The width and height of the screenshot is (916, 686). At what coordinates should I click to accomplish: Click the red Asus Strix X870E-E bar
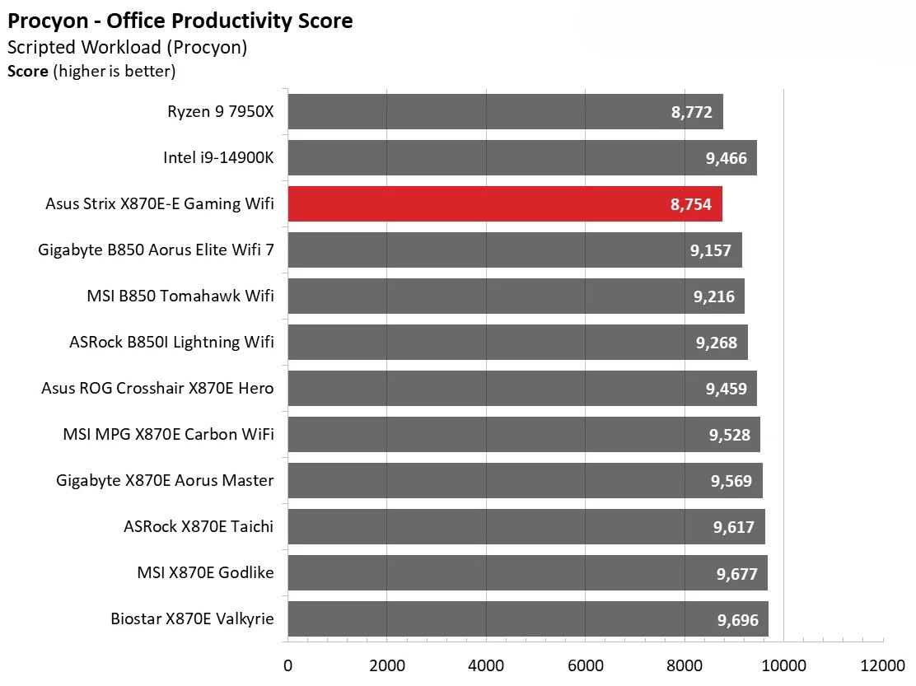(x=504, y=204)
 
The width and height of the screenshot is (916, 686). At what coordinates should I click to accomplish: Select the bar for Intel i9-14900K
(x=521, y=158)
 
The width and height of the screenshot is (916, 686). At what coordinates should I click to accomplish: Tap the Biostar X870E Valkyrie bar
(x=527, y=619)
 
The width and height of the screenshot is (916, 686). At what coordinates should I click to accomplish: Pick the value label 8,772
(x=692, y=112)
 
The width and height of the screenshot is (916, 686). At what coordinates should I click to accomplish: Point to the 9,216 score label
(x=714, y=296)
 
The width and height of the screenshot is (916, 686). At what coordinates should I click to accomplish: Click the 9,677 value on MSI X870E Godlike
(x=736, y=573)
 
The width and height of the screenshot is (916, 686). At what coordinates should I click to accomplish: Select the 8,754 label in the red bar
(x=691, y=204)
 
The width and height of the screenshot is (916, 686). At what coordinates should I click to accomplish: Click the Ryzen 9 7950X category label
(x=220, y=111)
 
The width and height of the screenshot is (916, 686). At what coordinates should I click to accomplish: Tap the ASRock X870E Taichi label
(x=198, y=526)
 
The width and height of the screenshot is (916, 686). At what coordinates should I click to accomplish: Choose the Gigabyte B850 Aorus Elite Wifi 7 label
(x=156, y=250)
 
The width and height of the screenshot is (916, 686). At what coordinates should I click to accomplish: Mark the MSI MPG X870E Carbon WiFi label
(x=168, y=434)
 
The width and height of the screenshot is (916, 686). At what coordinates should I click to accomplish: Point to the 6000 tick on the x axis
(x=585, y=665)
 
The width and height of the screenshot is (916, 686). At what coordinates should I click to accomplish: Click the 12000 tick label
(x=882, y=665)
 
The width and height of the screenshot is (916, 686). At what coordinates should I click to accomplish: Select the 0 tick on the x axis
(x=287, y=665)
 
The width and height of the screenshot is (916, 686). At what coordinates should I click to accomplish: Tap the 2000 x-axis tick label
(x=386, y=665)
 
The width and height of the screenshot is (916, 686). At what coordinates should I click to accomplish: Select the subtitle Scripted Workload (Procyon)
(x=127, y=47)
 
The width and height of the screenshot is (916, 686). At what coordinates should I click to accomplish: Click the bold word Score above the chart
(x=27, y=72)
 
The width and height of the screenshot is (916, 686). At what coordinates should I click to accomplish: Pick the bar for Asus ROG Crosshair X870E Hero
(x=521, y=389)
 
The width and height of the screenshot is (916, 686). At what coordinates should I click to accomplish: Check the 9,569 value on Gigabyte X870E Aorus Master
(x=731, y=481)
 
